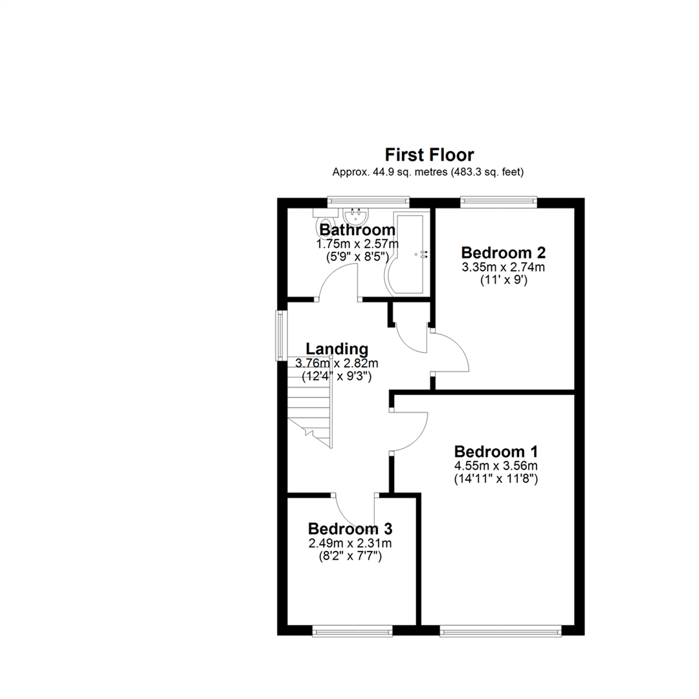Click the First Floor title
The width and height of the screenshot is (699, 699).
[429, 155]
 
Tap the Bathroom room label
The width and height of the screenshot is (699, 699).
[357, 230]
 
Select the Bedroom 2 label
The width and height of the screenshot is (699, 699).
[504, 252]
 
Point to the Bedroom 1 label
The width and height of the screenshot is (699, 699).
[496, 451]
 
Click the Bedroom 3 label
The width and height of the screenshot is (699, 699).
[350, 529]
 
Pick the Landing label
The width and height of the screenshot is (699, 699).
[328, 349]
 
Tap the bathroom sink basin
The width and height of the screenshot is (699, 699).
[354, 214]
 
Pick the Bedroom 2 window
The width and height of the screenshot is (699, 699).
[498, 202]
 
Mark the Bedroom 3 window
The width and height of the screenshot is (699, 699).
[353, 630]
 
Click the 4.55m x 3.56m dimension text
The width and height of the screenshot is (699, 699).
[496, 465]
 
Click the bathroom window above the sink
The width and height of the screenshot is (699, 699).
[368, 202]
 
